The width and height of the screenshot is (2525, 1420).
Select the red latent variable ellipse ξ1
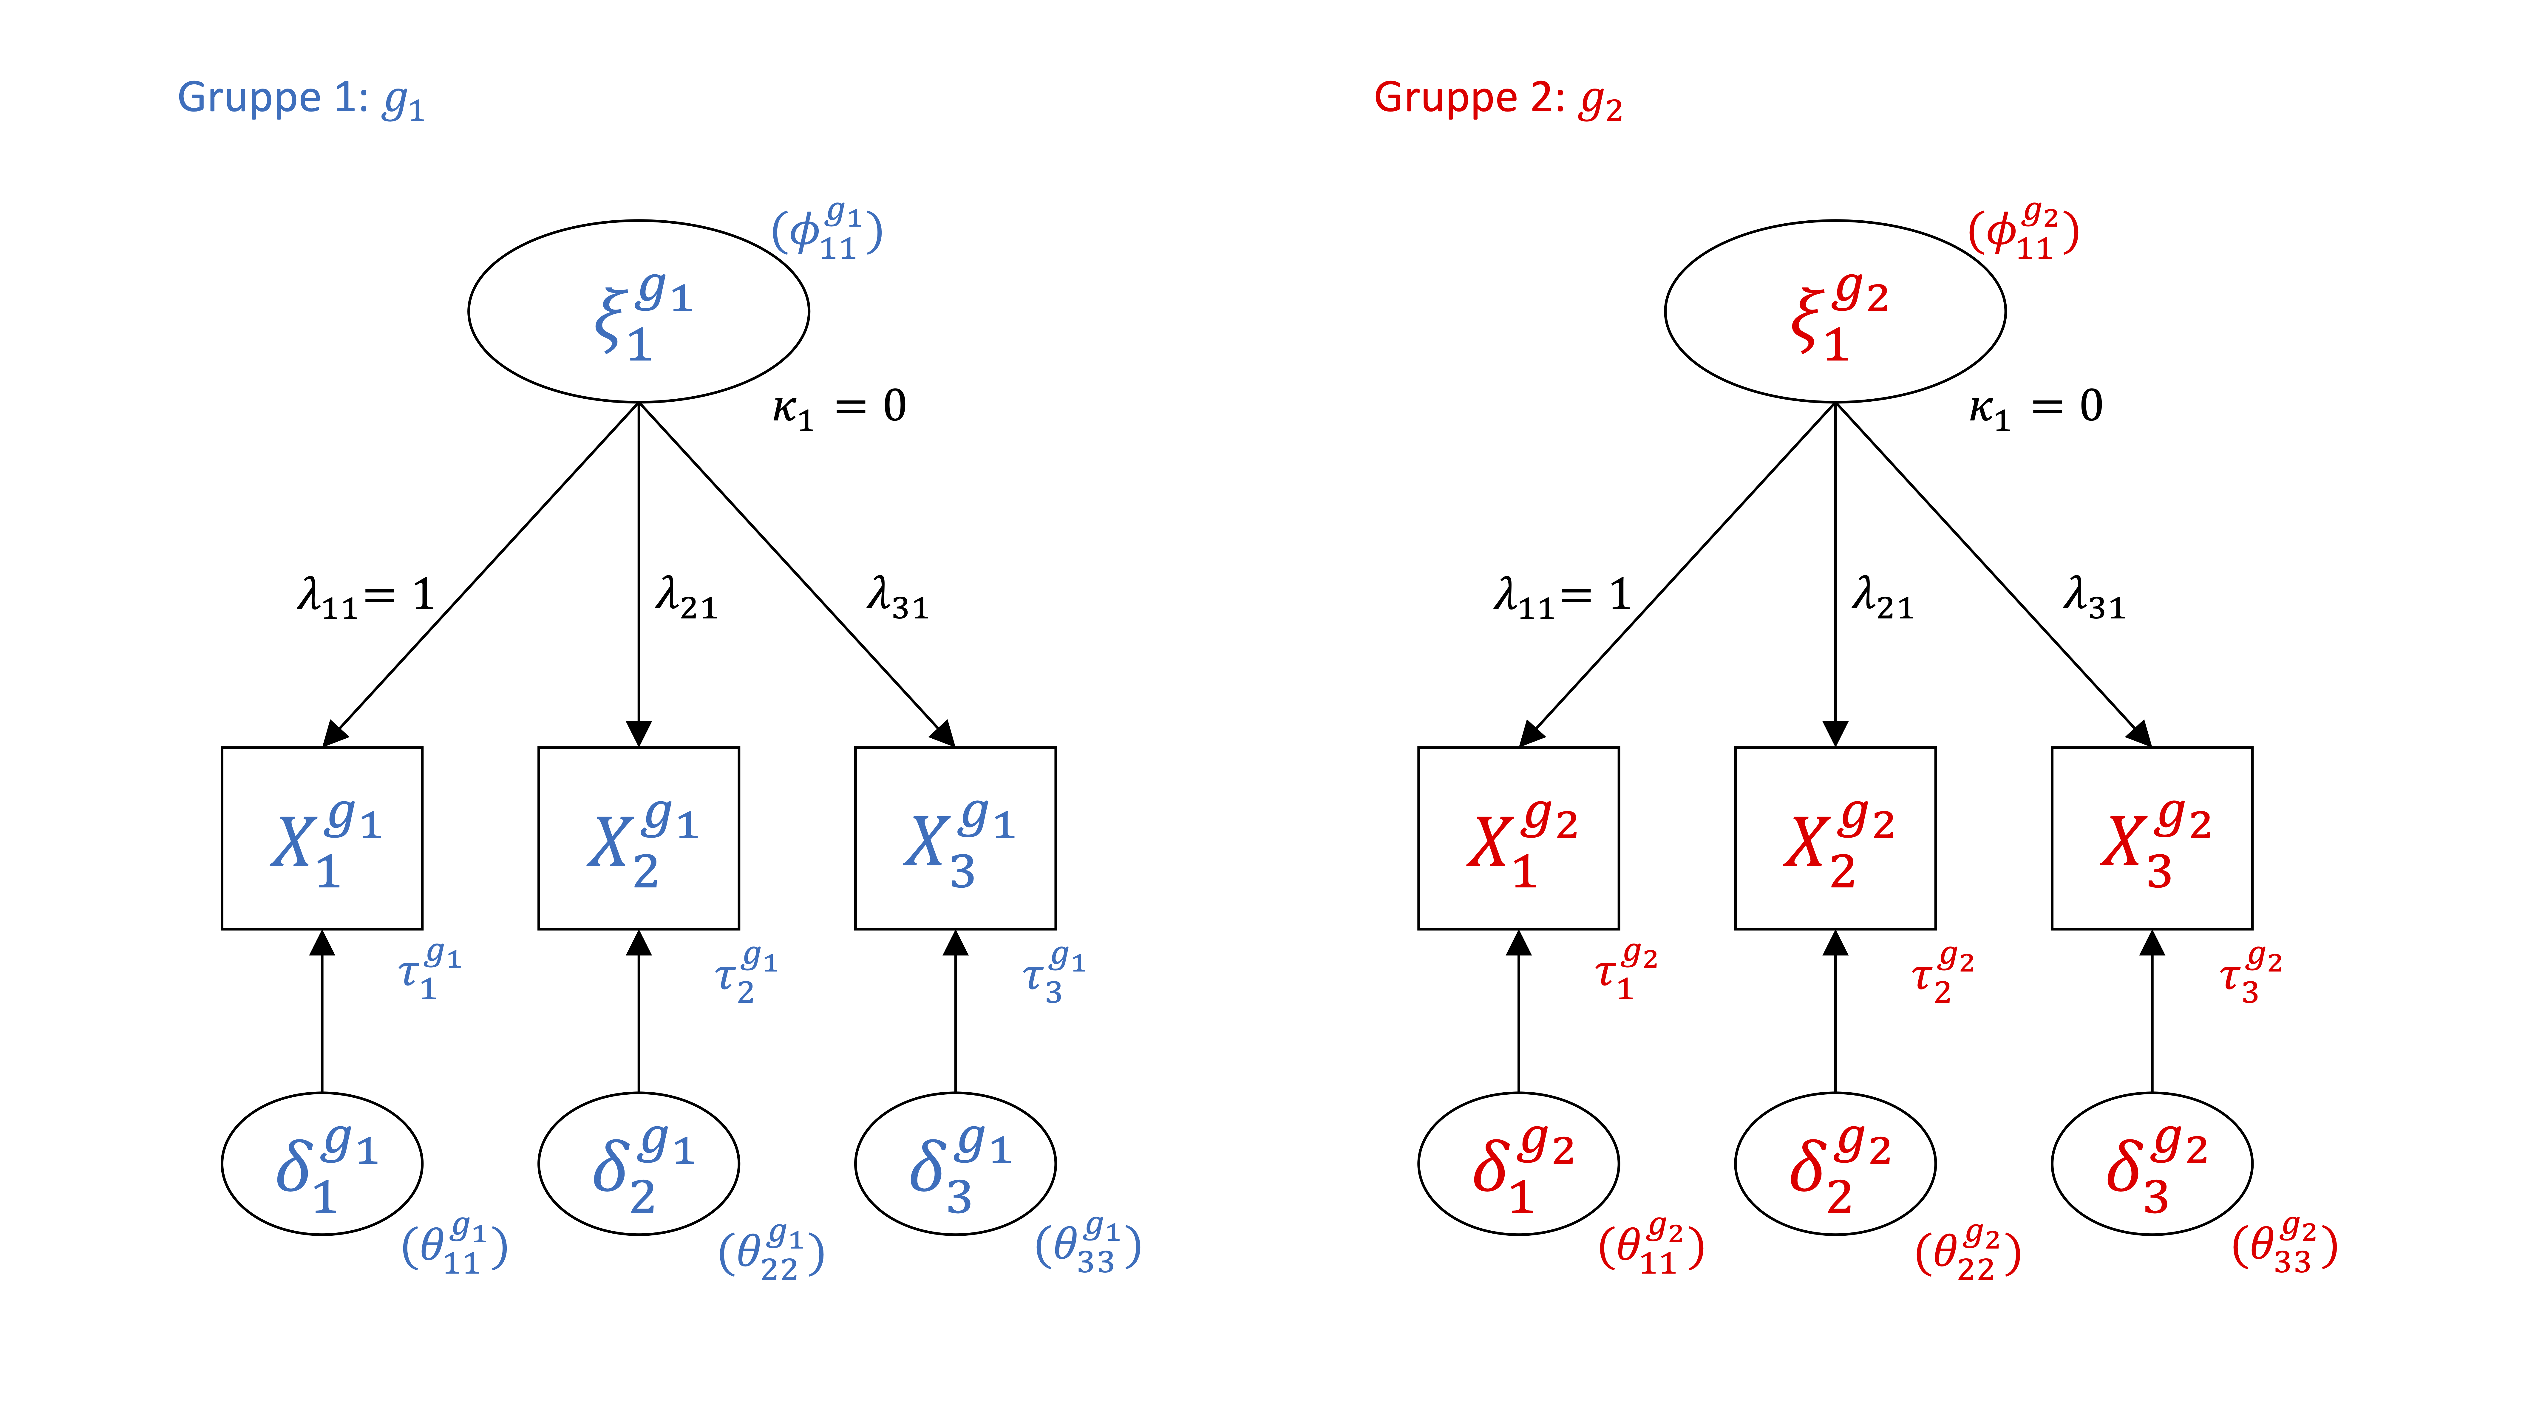click(x=1835, y=312)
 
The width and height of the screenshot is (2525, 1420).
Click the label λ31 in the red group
click(x=2094, y=598)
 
